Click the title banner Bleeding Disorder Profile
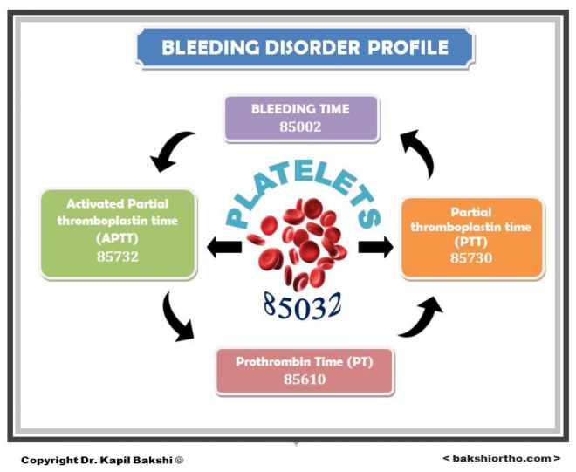click(305, 48)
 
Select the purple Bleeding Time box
click(300, 118)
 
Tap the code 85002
click(300, 127)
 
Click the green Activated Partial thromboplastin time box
click(118, 231)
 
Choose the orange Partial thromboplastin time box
click(472, 237)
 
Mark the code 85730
click(472, 258)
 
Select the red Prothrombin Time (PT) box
click(305, 370)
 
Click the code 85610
click(305, 380)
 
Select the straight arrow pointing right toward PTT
click(375, 248)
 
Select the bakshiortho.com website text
click(500, 458)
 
